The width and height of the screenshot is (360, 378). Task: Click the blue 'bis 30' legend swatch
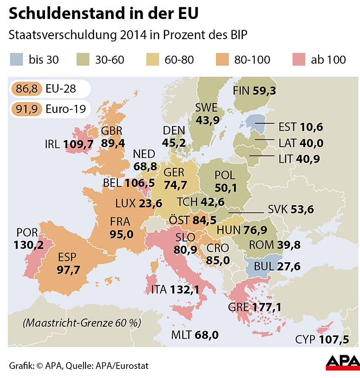coord(17,59)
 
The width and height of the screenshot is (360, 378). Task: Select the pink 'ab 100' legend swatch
coord(297,59)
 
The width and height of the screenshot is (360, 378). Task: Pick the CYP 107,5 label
coord(322,340)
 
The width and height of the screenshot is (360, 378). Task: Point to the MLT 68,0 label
coord(194,335)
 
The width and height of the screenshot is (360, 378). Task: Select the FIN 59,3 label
coord(254,91)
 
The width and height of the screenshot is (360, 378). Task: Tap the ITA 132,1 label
coord(175,289)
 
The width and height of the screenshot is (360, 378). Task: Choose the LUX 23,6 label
coord(138,203)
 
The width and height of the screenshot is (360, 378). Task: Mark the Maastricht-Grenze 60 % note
coord(82,323)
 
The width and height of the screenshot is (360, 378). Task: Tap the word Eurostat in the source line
coord(131,365)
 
